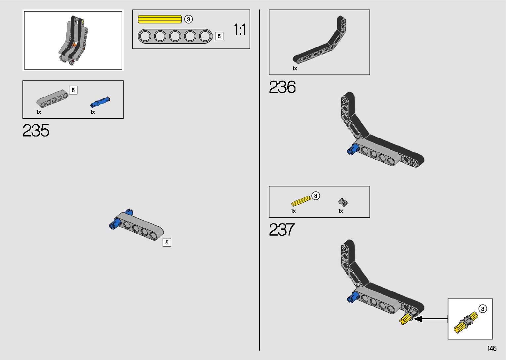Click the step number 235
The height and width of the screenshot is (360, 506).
pyautogui.click(x=36, y=131)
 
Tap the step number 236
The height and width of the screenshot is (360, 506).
pyautogui.click(x=282, y=87)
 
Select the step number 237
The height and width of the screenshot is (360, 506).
pyautogui.click(x=282, y=229)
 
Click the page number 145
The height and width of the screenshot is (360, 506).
pyautogui.click(x=492, y=348)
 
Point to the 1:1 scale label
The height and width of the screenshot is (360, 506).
pyautogui.click(x=240, y=30)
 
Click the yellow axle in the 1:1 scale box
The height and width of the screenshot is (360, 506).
pyautogui.click(x=160, y=19)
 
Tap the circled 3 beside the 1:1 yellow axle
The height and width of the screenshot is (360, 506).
pyautogui.click(x=188, y=19)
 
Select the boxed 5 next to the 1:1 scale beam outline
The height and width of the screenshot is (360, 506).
pyautogui.click(x=219, y=36)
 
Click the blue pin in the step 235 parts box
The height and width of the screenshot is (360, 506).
pyautogui.click(x=99, y=102)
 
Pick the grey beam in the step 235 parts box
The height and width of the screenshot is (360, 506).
pyautogui.click(x=52, y=98)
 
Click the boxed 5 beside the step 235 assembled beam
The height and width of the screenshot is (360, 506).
pyautogui.click(x=167, y=242)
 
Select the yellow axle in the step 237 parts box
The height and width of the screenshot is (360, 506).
pyautogui.click(x=301, y=201)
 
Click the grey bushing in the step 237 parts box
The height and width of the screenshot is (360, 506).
pyautogui.click(x=343, y=202)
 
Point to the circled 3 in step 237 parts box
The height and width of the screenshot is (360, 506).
pyautogui.click(x=316, y=196)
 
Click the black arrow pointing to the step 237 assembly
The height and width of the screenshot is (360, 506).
pyautogui.click(x=430, y=319)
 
